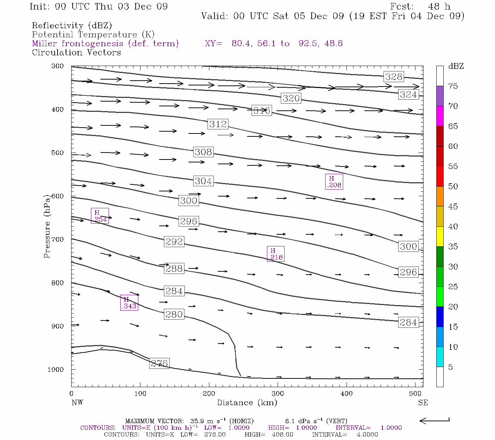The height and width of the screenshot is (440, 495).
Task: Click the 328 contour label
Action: [394, 77]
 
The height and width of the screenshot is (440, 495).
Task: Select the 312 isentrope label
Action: [218, 124]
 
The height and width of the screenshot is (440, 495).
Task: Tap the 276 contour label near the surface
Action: [159, 363]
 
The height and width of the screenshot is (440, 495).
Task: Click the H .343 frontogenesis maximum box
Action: [129, 302]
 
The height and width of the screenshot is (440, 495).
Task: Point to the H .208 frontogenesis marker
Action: [334, 182]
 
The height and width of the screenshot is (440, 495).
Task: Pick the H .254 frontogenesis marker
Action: [100, 216]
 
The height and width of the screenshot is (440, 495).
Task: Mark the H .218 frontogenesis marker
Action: [276, 254]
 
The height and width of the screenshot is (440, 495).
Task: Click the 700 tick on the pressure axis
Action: [57, 239]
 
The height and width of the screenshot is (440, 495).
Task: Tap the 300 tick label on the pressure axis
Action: [57, 66]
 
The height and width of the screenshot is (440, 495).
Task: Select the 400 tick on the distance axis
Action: [346, 394]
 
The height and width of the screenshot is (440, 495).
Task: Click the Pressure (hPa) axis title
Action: [47, 226]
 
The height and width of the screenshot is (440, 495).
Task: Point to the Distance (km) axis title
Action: [247, 403]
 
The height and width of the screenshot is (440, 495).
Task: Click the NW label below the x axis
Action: [77, 403]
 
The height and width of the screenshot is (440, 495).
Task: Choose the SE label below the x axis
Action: [423, 403]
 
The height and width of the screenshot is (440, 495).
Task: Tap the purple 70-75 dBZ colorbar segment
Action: [440, 96]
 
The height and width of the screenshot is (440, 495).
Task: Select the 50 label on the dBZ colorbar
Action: [453, 186]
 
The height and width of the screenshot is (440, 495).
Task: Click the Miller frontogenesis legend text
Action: [105, 44]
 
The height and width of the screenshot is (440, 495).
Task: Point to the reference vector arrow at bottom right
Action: [434, 421]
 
